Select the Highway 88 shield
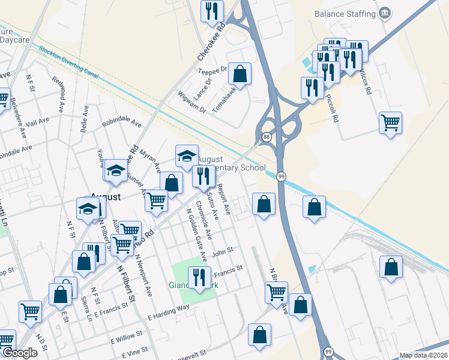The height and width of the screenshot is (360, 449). (x=266, y=137)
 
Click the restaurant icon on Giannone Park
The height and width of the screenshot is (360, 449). (x=197, y=277)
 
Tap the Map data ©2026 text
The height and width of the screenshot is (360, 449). (x=423, y=355)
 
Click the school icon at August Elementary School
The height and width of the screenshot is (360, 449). (x=187, y=156)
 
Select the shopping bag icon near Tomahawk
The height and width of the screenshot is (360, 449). (x=240, y=74)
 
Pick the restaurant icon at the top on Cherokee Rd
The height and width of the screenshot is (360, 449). (x=212, y=10)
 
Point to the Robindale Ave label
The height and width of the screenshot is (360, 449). (x=122, y=122)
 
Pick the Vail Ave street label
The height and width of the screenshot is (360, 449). (x=38, y=121)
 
